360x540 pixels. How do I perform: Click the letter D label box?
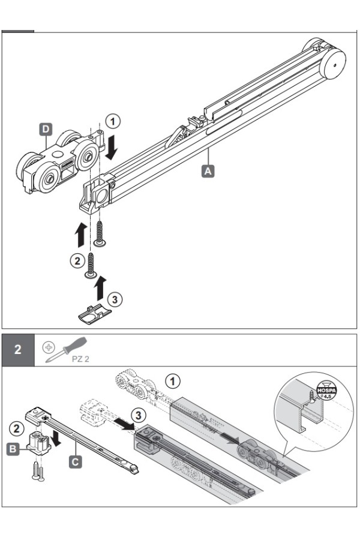pyautogui.click(x=46, y=130)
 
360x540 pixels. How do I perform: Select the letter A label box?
pyautogui.click(x=208, y=171)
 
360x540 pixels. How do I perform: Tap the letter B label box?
pyautogui.click(x=13, y=449)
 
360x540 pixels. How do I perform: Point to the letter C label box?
pyautogui.click(x=76, y=461)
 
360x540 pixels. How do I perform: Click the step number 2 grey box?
pyautogui.click(x=18, y=350)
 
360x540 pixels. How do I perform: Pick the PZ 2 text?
pyautogui.click(x=80, y=359)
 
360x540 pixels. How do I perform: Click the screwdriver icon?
pyautogui.click(x=65, y=350)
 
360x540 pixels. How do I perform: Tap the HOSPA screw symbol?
pyautogui.click(x=326, y=389)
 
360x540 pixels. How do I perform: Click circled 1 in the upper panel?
pyautogui.click(x=113, y=122)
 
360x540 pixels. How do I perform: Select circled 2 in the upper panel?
pyautogui.click(x=77, y=261)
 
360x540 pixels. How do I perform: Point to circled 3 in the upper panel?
pyautogui.click(x=115, y=299)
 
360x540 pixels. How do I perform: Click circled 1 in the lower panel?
pyautogui.click(x=173, y=381)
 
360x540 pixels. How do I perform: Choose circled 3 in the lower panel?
pyautogui.click(x=138, y=415)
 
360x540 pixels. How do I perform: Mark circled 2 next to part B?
pyautogui.click(x=16, y=429)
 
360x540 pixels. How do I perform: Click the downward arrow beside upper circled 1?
pyautogui.click(x=111, y=148)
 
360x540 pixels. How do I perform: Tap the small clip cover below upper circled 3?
pyautogui.click(x=95, y=314)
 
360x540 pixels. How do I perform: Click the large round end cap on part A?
pyautogui.click(x=332, y=64)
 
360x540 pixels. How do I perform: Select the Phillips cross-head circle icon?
pyautogui.click(x=49, y=347)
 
